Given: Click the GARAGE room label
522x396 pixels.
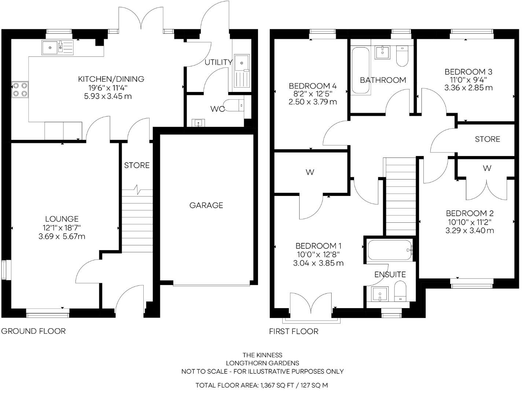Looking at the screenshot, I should (206, 205).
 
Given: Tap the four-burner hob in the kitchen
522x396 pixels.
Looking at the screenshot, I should (20, 89).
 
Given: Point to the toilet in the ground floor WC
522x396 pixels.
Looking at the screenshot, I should (234, 105).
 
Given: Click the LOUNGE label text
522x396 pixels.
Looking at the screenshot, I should (62, 219).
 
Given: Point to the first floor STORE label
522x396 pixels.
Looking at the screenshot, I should (487, 139).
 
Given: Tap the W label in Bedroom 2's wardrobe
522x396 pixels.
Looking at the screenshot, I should (486, 168).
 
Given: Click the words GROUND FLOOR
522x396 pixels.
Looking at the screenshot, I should (33, 331).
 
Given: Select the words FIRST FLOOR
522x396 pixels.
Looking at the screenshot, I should (294, 332).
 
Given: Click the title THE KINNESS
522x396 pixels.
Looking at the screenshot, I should (262, 355).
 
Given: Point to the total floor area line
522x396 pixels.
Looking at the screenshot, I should (261, 385).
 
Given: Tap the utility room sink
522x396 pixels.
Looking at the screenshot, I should (242, 62).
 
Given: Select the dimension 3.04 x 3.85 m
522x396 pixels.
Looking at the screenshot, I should (318, 263).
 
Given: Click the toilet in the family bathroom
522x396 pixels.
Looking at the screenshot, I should (402, 56).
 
